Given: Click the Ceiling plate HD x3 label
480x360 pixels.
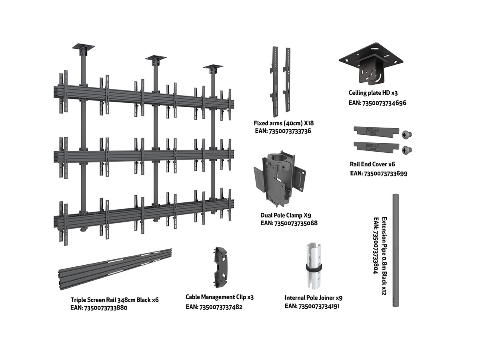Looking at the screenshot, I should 373,93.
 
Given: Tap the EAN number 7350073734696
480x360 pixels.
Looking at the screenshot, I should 378,103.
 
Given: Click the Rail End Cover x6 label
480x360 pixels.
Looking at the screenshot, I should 372,164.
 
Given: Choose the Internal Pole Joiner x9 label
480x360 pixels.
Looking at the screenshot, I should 313,298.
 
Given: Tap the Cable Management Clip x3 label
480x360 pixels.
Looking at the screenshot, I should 220,297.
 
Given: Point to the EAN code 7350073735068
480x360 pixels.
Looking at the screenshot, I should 289,223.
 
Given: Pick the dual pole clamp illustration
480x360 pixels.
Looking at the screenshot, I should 279,177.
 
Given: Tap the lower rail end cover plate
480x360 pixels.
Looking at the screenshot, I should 376,146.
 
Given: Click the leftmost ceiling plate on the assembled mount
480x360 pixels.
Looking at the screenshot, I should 83,48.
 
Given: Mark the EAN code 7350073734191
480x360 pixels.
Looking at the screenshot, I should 312,306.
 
